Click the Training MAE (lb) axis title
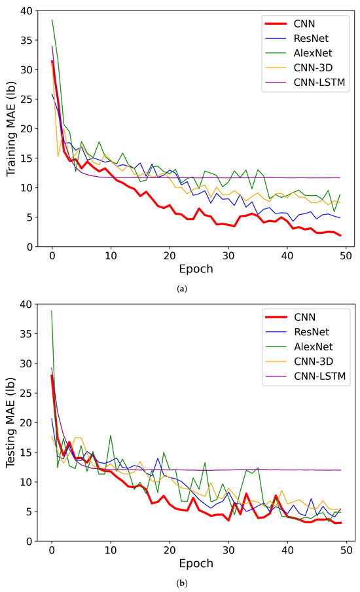[12, 128]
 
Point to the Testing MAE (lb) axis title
[12, 422]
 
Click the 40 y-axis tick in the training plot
[28, 10]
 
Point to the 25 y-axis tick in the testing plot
[28, 393]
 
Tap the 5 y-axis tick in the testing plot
[31, 511]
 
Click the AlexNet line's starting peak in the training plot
[52, 20]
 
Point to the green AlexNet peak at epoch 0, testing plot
[52, 311]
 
